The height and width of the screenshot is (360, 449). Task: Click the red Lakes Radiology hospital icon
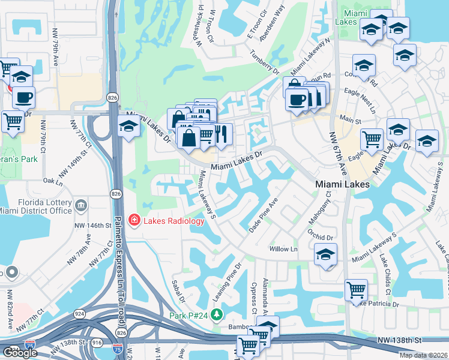[133, 221]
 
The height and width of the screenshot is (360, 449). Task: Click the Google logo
[20, 353]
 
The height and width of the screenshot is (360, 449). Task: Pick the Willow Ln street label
[283, 248]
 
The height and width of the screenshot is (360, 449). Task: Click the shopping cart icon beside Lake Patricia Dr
[357, 290]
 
